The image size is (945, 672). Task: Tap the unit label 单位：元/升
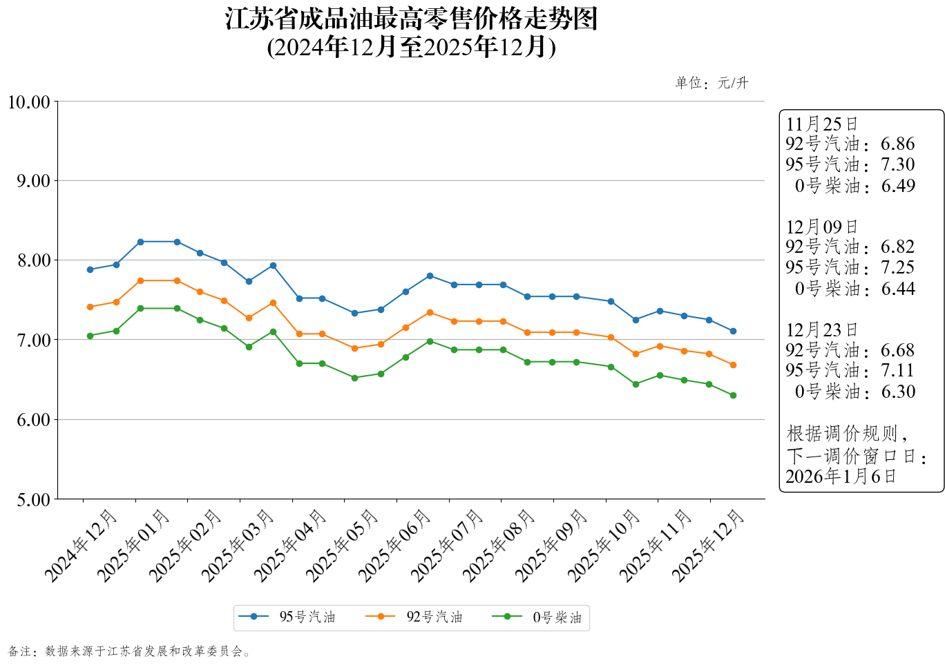coord(712,83)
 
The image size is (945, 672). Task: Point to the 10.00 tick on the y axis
coord(29,102)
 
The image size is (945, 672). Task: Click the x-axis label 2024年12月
coord(82,546)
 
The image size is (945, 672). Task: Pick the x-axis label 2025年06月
coord(395,546)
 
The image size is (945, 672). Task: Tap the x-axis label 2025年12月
coord(709,546)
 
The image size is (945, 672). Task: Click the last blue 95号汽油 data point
coord(733,331)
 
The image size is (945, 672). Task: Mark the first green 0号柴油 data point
coord(90,336)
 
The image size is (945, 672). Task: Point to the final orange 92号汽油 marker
coord(733,365)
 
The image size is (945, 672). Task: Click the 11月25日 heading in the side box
coord(822,124)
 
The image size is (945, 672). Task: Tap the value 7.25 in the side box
coord(897,267)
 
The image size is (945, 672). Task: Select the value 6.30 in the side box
coord(898,392)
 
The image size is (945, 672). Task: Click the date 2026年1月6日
coord(841,476)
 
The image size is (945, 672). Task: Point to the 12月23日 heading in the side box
coord(822,330)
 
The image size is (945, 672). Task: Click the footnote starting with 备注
coord(130,651)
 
